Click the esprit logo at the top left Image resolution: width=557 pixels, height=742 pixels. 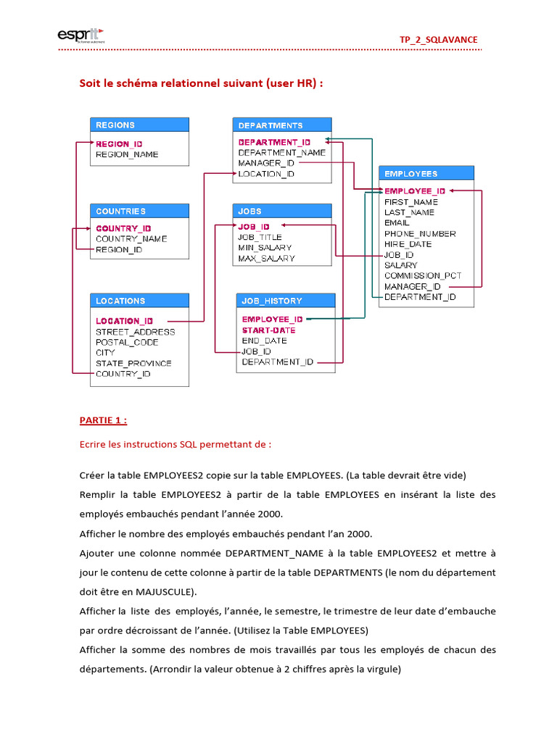tap(81, 36)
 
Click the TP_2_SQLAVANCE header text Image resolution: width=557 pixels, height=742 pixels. tap(439, 39)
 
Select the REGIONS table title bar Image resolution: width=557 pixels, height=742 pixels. tap(139, 125)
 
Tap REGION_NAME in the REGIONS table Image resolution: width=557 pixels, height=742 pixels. tap(127, 154)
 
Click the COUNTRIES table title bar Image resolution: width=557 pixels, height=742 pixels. tap(139, 211)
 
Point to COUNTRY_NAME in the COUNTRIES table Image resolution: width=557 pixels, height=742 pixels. tap(131, 238)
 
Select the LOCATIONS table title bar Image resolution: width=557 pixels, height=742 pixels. tap(139, 301)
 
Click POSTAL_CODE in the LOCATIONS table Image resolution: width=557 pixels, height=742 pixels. tap(127, 342)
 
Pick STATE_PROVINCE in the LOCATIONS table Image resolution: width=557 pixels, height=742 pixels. tap(133, 363)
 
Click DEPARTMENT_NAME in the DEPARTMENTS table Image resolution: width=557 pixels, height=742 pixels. tap(281, 153)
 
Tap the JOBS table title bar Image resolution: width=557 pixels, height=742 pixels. tap(282, 211)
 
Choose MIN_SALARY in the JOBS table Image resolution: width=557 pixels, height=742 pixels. tap(265, 248)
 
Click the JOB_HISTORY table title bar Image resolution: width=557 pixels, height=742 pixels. tap(286, 301)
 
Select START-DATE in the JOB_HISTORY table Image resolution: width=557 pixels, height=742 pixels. tap(268, 330)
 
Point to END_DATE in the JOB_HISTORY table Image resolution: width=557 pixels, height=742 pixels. tap(264, 341)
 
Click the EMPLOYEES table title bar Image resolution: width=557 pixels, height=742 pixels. tap(426, 174)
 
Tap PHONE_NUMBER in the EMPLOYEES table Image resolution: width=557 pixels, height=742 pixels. tap(420, 233)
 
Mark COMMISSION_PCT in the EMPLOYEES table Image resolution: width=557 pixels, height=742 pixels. tap(423, 275)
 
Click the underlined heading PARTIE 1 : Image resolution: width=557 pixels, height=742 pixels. tap(103, 420)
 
